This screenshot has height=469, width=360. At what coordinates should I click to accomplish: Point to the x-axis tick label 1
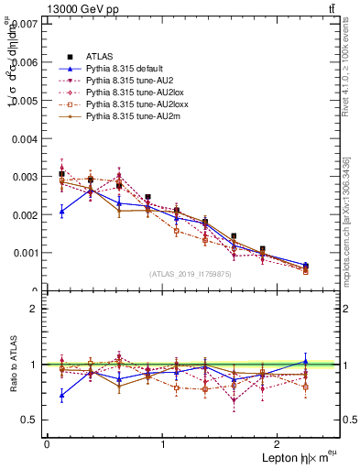163,444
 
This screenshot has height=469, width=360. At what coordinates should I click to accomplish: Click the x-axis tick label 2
280,444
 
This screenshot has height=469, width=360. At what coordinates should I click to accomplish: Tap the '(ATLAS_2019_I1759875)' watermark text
191,274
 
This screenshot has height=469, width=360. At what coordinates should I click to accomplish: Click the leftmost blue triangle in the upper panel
61,212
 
